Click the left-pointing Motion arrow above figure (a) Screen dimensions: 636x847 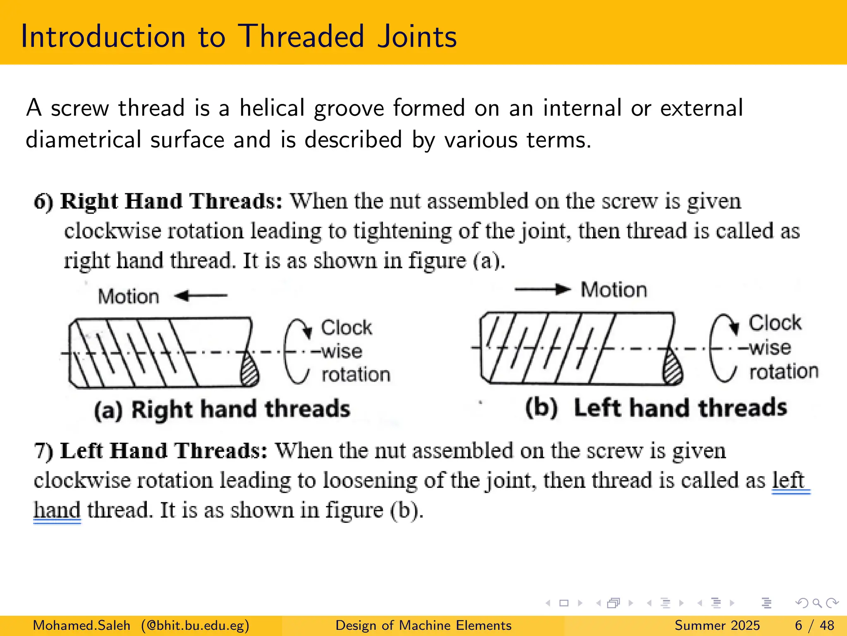[201, 296]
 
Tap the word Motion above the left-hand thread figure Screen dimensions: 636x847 [614, 289]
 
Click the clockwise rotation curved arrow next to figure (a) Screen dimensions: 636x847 [296, 351]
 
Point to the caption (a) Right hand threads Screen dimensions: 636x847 [222, 409]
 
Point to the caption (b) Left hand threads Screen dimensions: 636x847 [656, 407]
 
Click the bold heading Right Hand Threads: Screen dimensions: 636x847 [171, 201]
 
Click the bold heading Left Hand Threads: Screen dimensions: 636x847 [164, 450]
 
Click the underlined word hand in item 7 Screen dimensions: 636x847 [57, 510]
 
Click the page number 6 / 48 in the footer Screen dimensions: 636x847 [814, 625]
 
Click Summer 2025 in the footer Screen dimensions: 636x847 [717, 625]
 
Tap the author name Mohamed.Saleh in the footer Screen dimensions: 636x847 [81, 625]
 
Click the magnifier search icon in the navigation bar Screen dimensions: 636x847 [817, 603]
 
